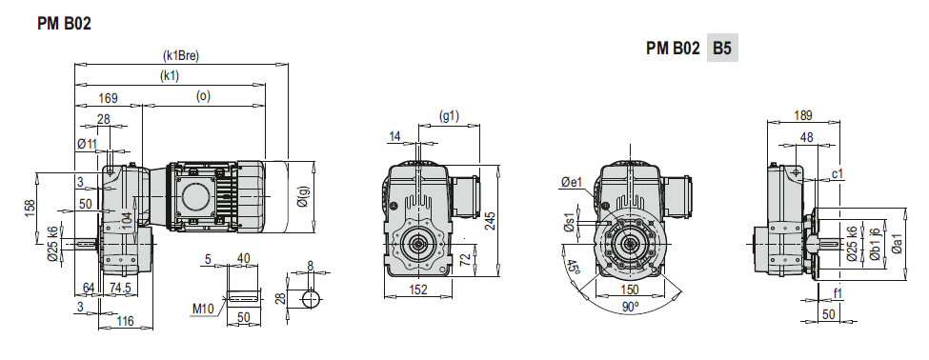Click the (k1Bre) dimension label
tap(181, 55)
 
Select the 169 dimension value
tap(108, 98)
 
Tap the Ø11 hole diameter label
tap(87, 143)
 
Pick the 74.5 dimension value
tap(121, 288)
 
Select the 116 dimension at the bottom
tap(125, 322)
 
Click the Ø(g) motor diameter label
tap(303, 195)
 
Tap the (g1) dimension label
tap(449, 116)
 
